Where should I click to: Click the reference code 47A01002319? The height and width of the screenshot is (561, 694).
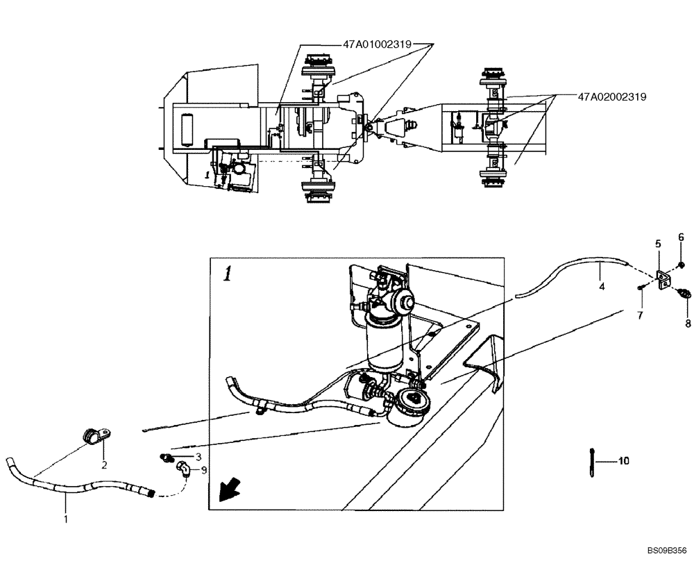click(377, 44)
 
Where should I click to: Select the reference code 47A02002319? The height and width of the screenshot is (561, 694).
click(611, 97)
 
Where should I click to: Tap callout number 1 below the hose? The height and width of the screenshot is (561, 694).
click(67, 518)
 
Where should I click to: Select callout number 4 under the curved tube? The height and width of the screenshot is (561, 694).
click(602, 285)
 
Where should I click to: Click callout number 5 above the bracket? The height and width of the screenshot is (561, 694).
click(658, 244)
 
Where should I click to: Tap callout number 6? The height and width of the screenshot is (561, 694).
click(681, 237)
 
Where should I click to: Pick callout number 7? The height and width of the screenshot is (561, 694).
click(641, 315)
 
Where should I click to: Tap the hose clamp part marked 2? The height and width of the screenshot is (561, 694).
click(92, 436)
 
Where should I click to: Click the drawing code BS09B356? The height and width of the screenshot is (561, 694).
click(666, 551)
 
